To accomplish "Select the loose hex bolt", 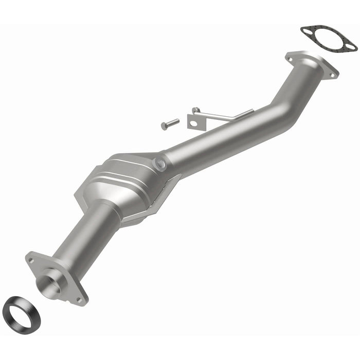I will coord(170,124).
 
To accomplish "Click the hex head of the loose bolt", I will coord(164,126).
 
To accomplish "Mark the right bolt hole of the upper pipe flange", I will coord(333,75).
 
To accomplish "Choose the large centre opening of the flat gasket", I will coord(328,37).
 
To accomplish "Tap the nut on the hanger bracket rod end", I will coord(195,110).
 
